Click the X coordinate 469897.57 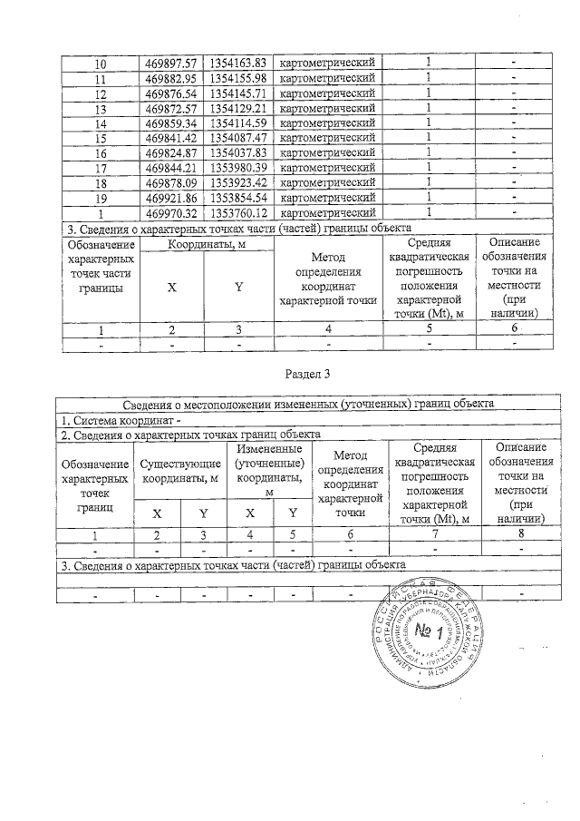click(x=172, y=63)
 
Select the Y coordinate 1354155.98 click(x=238, y=78)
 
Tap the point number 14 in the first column click(x=101, y=122)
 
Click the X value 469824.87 click(x=172, y=152)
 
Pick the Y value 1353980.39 click(x=238, y=167)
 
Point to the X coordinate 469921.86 click(x=172, y=197)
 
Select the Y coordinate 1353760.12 click(x=238, y=211)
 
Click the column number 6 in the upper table click(x=514, y=328)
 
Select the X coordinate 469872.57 click(x=172, y=108)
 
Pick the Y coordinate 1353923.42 click(x=238, y=181)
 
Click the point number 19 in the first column click(x=101, y=197)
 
